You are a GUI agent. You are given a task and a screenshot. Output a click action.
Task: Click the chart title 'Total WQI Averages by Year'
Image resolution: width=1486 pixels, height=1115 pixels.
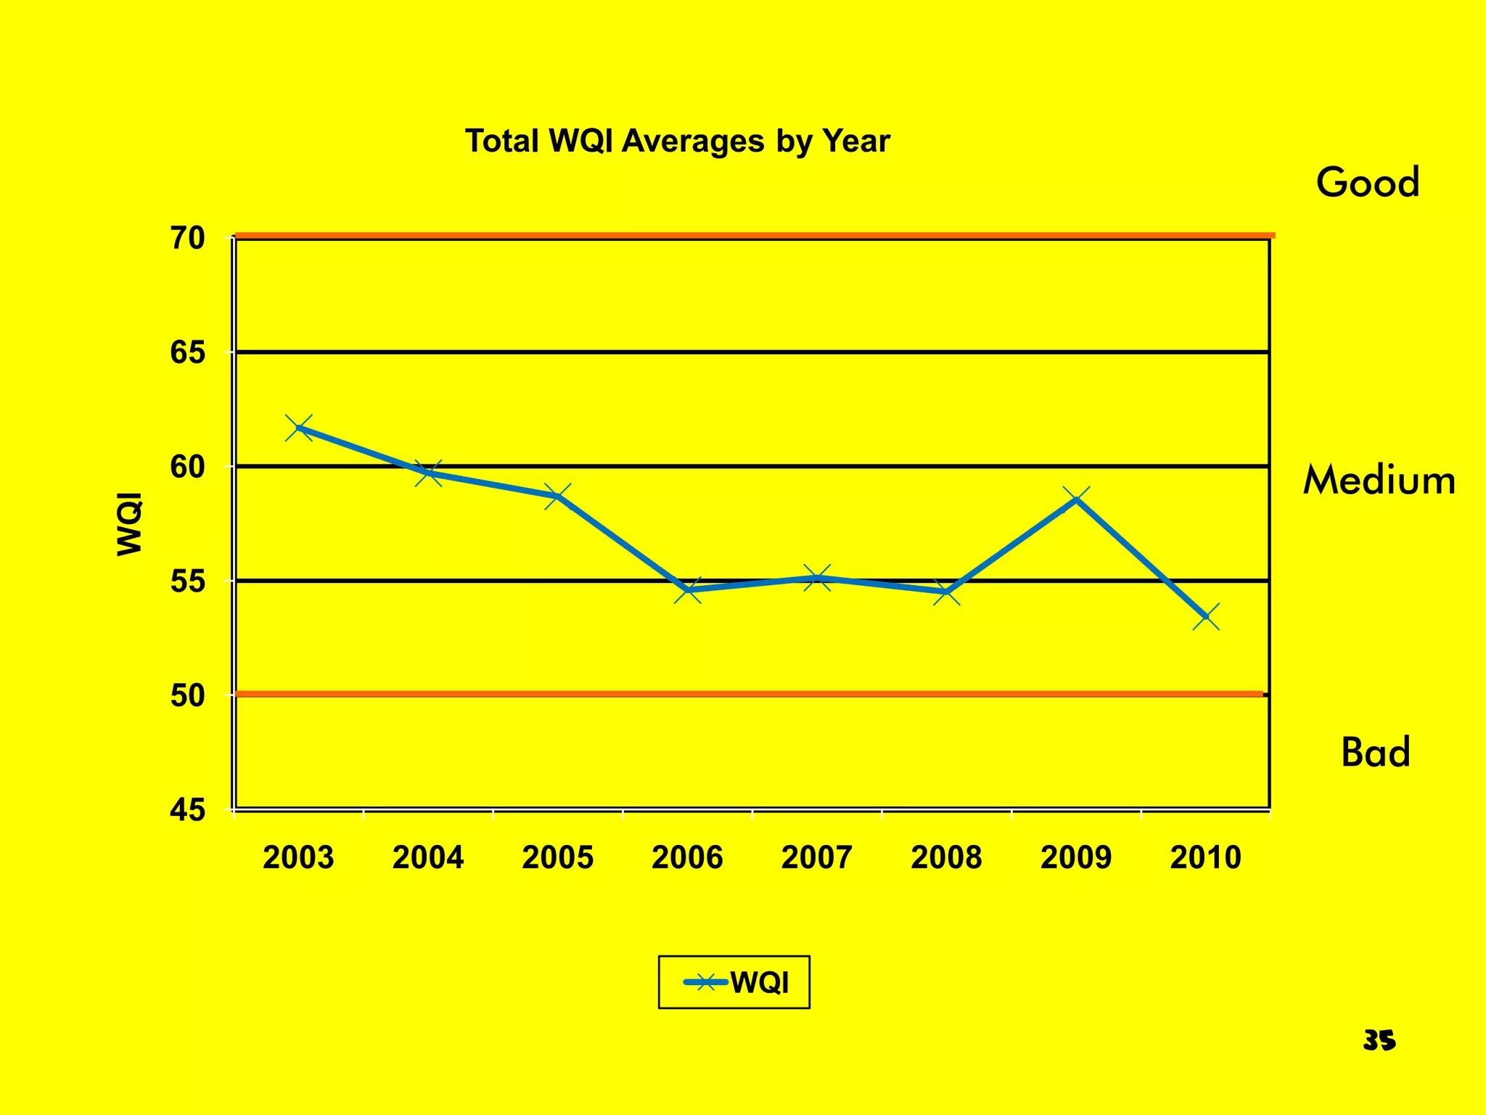tap(677, 141)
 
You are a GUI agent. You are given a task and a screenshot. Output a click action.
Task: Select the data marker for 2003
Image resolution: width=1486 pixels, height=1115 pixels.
tap(299, 428)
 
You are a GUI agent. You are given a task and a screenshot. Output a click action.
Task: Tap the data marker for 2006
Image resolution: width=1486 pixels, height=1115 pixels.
tap(688, 590)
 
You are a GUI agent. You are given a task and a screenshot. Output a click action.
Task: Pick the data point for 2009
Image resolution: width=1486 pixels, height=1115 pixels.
tap(1076, 499)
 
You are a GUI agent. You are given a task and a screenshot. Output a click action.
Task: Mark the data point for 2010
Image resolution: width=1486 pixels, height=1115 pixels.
tap(1206, 616)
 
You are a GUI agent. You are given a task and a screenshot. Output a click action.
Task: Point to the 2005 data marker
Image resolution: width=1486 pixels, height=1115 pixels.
tap(558, 497)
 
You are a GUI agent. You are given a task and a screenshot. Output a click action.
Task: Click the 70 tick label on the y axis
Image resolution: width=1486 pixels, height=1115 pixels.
tap(188, 238)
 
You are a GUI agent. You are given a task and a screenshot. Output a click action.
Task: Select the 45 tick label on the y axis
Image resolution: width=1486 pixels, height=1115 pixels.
tap(188, 810)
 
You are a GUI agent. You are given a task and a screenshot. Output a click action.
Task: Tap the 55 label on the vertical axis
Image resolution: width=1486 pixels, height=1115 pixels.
tap(188, 581)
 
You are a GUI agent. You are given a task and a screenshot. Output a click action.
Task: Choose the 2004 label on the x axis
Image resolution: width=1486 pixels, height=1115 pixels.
tap(428, 858)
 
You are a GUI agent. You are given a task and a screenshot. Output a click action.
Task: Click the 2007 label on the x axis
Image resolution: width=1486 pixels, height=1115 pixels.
tap(817, 858)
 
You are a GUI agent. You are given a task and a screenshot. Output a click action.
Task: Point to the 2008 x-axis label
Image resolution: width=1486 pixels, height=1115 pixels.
tap(946, 858)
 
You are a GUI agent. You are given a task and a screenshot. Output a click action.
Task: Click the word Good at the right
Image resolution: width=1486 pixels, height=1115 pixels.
tap(1368, 182)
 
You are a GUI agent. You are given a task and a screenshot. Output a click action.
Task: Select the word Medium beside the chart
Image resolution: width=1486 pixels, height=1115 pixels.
tap(1379, 481)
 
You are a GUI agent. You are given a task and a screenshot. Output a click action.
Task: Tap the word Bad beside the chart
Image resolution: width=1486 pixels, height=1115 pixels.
tap(1376, 753)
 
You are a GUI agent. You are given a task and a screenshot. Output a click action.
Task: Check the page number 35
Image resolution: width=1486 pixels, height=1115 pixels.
tap(1379, 1041)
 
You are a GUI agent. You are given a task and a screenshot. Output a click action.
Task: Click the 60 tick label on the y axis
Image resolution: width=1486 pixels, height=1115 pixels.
tap(188, 467)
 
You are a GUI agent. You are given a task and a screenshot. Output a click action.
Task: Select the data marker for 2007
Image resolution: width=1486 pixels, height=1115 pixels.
tap(817, 579)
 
